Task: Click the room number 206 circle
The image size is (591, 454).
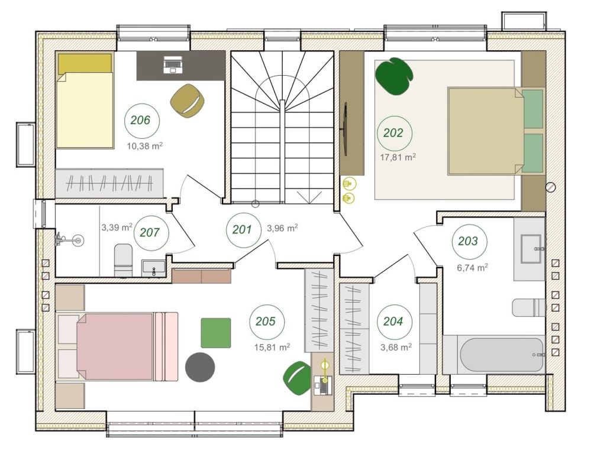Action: [142, 121]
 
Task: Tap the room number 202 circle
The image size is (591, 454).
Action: [395, 133]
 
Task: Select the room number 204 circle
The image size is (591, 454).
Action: [395, 322]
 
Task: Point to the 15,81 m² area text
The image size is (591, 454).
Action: [272, 347]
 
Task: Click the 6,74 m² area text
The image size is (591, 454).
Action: [473, 268]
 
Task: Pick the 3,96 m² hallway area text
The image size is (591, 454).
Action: [283, 228]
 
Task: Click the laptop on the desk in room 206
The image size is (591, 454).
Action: [173, 64]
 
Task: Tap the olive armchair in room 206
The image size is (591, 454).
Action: [188, 100]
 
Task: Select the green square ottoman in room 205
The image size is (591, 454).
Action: [216, 333]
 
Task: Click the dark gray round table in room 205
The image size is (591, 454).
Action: [200, 367]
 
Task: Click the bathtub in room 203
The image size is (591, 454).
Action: [502, 355]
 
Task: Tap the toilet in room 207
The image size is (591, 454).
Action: [123, 260]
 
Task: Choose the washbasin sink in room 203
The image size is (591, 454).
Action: [531, 249]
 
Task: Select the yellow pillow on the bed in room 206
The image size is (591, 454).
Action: [85, 63]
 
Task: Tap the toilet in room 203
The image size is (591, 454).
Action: [529, 307]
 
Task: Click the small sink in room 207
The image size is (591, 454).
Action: [153, 268]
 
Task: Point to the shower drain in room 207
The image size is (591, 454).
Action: [78, 240]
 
